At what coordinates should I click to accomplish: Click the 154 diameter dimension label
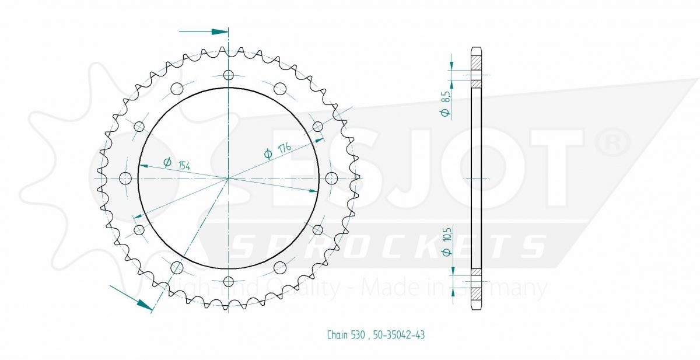pos(184,166)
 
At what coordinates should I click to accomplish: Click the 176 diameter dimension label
pos(285,148)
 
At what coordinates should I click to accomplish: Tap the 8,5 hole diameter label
pos(446,97)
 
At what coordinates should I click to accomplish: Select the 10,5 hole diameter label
pos(447,235)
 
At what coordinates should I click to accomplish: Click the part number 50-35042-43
pos(399,335)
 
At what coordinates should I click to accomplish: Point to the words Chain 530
pos(346,335)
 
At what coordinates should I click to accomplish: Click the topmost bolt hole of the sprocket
pos(229,75)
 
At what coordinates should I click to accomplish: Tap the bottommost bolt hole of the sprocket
pos(229,282)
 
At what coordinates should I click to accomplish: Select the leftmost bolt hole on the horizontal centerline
pos(125,178)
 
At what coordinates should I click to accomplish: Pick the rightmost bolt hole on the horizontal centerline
pos(331,178)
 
